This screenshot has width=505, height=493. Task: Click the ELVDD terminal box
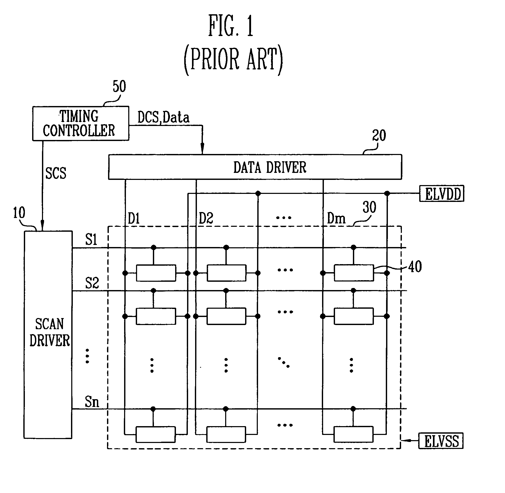pyautogui.click(x=442, y=194)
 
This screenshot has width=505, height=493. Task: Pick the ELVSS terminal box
pyautogui.click(x=441, y=441)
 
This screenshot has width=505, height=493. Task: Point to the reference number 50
pyautogui.click(x=119, y=87)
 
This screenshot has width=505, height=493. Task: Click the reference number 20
pyautogui.click(x=379, y=136)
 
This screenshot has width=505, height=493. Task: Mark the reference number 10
pyautogui.click(x=19, y=213)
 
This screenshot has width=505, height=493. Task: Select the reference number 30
pyautogui.click(x=369, y=207)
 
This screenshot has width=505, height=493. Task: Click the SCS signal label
pyautogui.click(x=56, y=173)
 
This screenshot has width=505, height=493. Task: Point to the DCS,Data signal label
pyautogui.click(x=163, y=117)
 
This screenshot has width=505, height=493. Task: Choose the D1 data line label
pyautogui.click(x=134, y=218)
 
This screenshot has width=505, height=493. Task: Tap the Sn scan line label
pyautogui.click(x=92, y=402)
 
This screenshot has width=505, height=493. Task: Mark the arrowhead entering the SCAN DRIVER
pyautogui.click(x=42, y=227)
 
